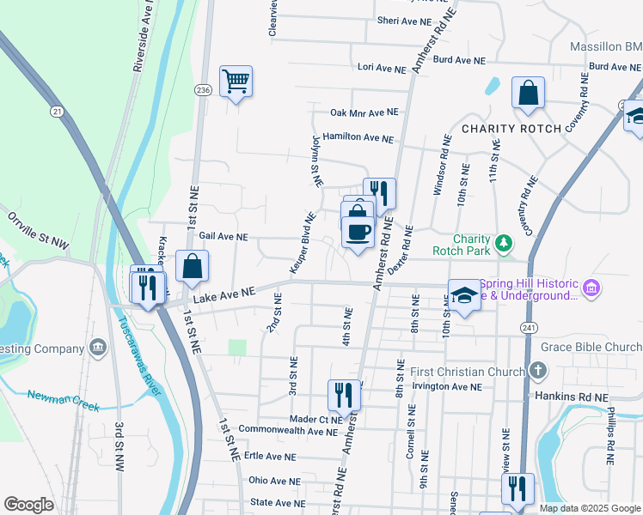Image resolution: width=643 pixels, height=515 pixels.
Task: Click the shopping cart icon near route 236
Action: click(236, 82)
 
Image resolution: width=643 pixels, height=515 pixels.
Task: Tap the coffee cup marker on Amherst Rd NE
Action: click(358, 231)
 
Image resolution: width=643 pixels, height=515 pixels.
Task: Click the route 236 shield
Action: click(203, 90)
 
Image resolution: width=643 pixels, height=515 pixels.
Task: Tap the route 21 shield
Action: click(58, 112)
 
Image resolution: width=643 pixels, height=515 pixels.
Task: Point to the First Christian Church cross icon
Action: click(537, 372)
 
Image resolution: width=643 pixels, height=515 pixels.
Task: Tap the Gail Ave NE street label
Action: click(224, 236)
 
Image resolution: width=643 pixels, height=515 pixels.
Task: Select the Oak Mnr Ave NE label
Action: click(364, 112)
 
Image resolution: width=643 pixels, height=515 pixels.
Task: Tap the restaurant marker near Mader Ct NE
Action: click(344, 396)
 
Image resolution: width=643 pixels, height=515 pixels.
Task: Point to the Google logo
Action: click(28, 505)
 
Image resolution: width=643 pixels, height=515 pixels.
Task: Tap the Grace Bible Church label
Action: click(591, 348)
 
